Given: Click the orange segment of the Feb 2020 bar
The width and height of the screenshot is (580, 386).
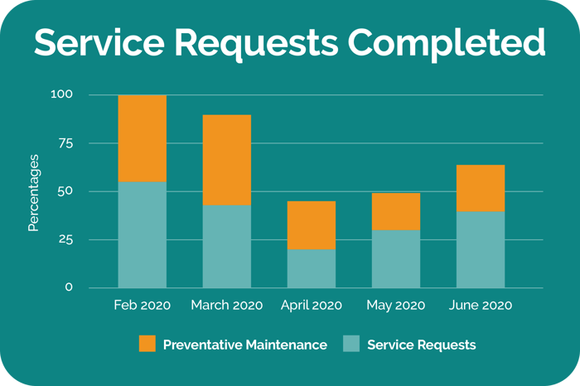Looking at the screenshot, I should click(x=142, y=138).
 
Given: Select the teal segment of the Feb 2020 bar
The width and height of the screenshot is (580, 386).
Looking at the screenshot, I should click(x=142, y=234).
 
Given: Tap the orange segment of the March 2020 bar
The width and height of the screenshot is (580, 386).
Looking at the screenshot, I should click(x=226, y=160).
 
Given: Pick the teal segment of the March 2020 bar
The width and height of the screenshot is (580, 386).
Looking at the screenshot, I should click(x=226, y=246).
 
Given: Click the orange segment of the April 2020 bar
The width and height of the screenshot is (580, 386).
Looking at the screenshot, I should click(x=312, y=225).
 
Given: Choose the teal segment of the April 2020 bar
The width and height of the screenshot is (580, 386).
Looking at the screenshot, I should click(x=312, y=268).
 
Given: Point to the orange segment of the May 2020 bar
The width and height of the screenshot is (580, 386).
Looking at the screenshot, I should click(x=396, y=211).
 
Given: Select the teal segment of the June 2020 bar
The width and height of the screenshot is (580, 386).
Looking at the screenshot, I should click(x=481, y=249).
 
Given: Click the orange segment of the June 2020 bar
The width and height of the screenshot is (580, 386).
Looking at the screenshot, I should click(x=481, y=188).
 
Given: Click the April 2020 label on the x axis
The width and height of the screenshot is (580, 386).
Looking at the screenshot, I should click(x=312, y=306).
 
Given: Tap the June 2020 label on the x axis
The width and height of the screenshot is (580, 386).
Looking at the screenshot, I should click(x=481, y=306).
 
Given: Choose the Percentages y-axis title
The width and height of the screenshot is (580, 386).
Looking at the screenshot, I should click(x=34, y=191).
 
